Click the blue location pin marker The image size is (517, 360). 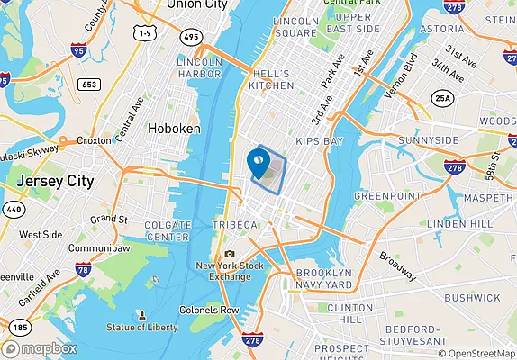[x=257, y=164]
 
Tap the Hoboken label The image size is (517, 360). [x=174, y=129]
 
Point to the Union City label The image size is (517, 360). [x=195, y=5]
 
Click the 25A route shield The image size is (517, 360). [x=442, y=97]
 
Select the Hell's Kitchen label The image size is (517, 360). [x=271, y=79]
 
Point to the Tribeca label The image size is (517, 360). [x=229, y=223]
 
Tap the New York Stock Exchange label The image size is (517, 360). [x=230, y=271]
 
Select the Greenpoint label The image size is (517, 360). [x=383, y=195]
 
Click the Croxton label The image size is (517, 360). [x=94, y=140]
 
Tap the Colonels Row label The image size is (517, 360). [x=209, y=310]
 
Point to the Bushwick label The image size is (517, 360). [x=472, y=297]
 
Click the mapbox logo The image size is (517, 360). [x=41, y=348]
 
